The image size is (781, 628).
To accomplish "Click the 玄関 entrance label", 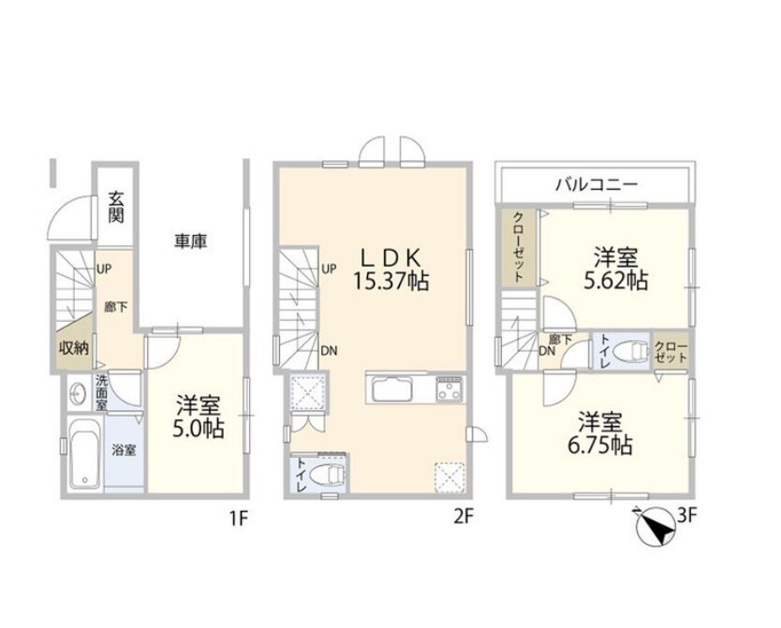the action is click(x=115, y=207).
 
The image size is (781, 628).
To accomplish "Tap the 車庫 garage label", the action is click(x=190, y=241).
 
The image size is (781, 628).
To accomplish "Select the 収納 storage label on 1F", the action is click(x=74, y=348).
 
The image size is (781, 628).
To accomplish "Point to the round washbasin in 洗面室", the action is click(x=77, y=394).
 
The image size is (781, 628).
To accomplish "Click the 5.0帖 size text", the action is click(x=198, y=429).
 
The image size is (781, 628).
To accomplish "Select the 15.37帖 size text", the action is click(x=391, y=282).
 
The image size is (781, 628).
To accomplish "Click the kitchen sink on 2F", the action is click(x=390, y=389).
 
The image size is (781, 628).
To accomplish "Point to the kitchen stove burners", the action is click(x=449, y=388).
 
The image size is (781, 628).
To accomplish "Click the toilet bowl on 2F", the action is click(x=326, y=475).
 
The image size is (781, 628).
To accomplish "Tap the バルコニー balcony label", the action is click(x=597, y=185).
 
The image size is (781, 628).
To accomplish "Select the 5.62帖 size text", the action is click(x=615, y=281).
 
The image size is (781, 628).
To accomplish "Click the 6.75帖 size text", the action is click(x=599, y=445).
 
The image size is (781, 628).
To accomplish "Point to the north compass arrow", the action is click(x=657, y=527).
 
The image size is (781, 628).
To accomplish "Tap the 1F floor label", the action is click(x=238, y=519).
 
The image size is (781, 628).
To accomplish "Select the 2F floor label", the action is click(x=463, y=518).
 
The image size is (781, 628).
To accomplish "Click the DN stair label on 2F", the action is click(x=329, y=351).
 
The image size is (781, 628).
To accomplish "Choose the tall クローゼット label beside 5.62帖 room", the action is click(x=519, y=247).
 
